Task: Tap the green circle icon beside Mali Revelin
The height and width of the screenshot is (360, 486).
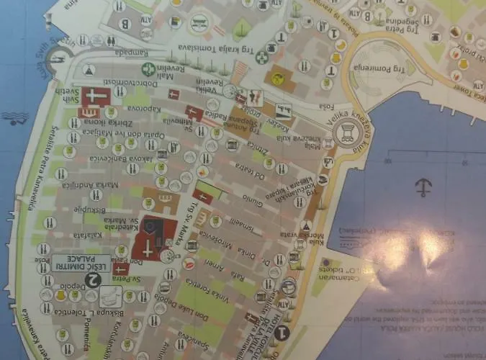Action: click(x=148, y=69)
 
